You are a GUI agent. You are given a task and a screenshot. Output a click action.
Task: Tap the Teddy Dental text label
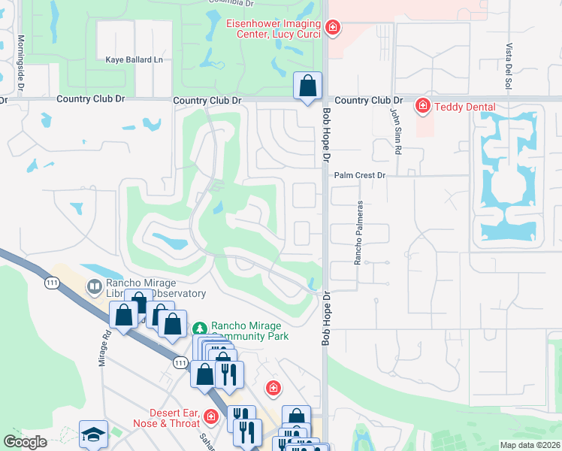464,107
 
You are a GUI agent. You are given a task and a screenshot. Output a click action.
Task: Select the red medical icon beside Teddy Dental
423,106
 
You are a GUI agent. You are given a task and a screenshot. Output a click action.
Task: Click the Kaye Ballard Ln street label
134,59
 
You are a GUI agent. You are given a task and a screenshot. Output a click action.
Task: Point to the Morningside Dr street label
21,65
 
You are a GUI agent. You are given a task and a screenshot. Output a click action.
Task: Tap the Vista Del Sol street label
509,67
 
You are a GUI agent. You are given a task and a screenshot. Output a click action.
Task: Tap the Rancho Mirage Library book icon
95,286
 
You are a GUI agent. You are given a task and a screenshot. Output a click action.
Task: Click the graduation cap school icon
93,434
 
